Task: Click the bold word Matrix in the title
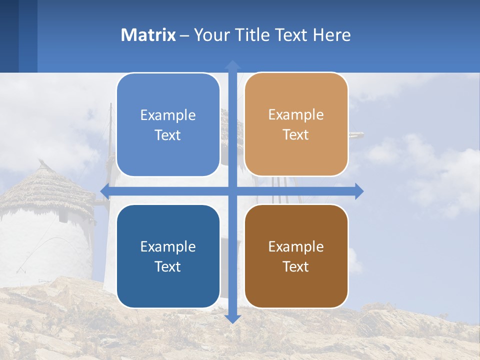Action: (x=148, y=35)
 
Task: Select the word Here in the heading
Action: (x=331, y=35)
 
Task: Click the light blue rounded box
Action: (x=168, y=124)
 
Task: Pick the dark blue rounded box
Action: (x=168, y=256)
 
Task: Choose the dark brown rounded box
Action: (x=296, y=256)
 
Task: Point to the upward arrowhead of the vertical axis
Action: (x=232, y=64)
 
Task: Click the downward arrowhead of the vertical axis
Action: (x=232, y=318)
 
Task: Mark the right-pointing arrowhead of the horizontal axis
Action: (x=359, y=191)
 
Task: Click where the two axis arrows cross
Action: (x=232, y=191)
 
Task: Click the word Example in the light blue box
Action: (x=168, y=115)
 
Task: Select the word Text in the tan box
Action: (x=296, y=135)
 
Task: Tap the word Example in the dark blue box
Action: (x=168, y=246)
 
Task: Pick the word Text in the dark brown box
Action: (x=296, y=266)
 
